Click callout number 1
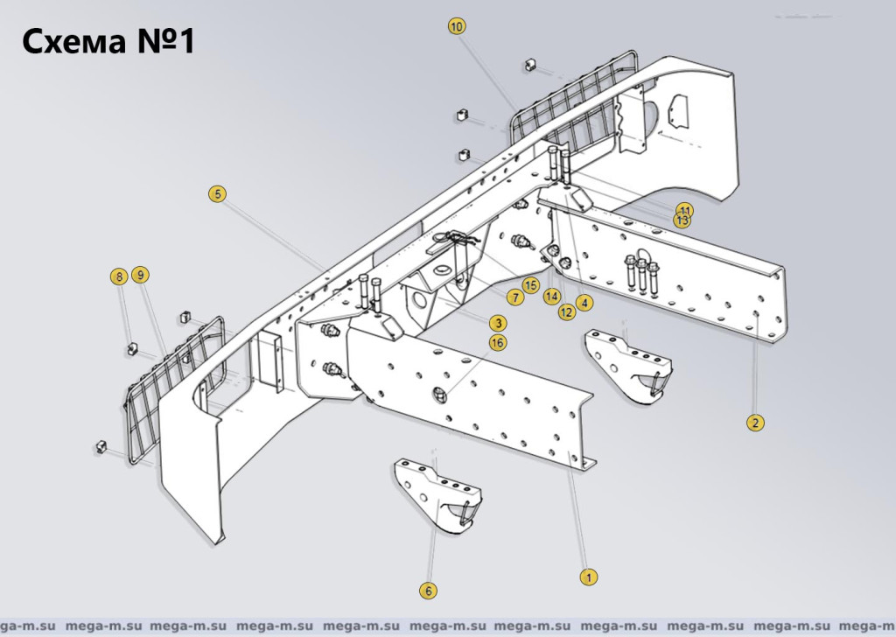pos(590,577)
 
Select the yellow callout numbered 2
pos(754,423)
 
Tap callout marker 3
pos(497,323)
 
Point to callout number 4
pos(584,303)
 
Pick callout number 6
pos(428,591)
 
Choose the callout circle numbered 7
pos(515,298)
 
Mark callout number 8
pos(118,276)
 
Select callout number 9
pos(140,275)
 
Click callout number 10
pos(457,26)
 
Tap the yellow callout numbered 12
pos(567,311)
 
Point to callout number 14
pos(551,296)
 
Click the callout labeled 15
pos(530,285)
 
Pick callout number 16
pos(497,343)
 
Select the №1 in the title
pos(165,41)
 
